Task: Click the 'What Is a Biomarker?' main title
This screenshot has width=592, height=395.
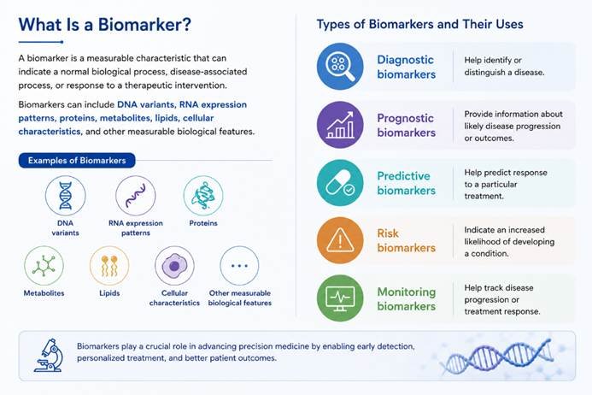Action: pos(104,25)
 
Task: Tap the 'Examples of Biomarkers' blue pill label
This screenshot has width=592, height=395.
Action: pos(77,161)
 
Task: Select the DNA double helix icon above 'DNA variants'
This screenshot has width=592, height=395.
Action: pos(65,196)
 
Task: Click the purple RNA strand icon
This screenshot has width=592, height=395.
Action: pos(136,196)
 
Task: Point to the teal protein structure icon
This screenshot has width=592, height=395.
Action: pos(203,196)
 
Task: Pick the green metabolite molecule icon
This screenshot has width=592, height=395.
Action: pos(44,266)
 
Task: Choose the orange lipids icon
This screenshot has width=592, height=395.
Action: pos(109,266)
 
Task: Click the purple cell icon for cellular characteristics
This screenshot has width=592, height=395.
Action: pos(174,266)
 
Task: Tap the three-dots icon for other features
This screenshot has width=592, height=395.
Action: pos(239,266)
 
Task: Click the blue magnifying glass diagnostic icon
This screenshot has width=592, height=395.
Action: pos(340,67)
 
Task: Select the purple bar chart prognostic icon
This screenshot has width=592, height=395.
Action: pos(340,125)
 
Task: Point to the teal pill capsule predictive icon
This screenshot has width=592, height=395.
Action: pos(340,183)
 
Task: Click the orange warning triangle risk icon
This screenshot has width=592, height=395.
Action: pos(340,240)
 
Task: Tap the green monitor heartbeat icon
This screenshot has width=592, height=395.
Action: pos(340,298)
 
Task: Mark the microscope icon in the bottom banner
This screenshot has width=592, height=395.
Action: pos(49,356)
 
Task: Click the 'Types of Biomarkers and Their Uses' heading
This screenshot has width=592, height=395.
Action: pos(419,24)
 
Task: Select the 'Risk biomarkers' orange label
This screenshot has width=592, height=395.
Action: pos(407,240)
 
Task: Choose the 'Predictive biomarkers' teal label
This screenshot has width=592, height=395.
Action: pos(407,183)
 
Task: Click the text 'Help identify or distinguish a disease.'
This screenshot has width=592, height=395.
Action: pos(504,66)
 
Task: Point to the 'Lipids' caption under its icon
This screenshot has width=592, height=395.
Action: pos(109,293)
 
